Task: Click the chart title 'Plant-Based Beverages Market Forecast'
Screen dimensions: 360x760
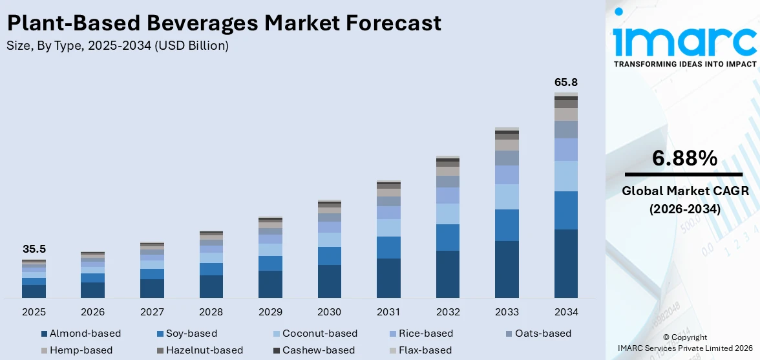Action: tap(224, 23)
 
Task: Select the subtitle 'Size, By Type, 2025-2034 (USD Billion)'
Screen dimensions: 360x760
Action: tap(117, 46)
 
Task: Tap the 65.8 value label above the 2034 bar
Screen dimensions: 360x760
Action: tap(565, 82)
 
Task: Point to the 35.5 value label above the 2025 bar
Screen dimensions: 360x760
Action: tap(34, 249)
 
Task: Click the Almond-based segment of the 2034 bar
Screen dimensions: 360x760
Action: tap(565, 263)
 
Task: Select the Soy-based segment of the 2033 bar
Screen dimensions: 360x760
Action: tap(507, 225)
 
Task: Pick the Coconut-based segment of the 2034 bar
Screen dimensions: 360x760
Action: tap(565, 176)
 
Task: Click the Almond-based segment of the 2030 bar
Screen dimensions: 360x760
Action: tap(329, 281)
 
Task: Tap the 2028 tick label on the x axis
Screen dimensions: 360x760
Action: tap(211, 312)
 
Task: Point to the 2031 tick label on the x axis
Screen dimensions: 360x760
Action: tap(388, 312)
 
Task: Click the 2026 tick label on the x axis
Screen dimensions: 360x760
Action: tap(93, 312)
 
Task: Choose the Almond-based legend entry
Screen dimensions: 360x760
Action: tap(80, 334)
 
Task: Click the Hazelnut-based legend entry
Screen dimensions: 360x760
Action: tap(200, 350)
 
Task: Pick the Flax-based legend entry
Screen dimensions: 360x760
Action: tap(420, 350)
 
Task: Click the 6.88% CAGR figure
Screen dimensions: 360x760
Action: tap(684, 158)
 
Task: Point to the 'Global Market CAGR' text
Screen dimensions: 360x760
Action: tap(684, 191)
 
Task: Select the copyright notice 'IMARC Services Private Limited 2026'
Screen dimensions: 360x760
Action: tap(684, 348)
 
